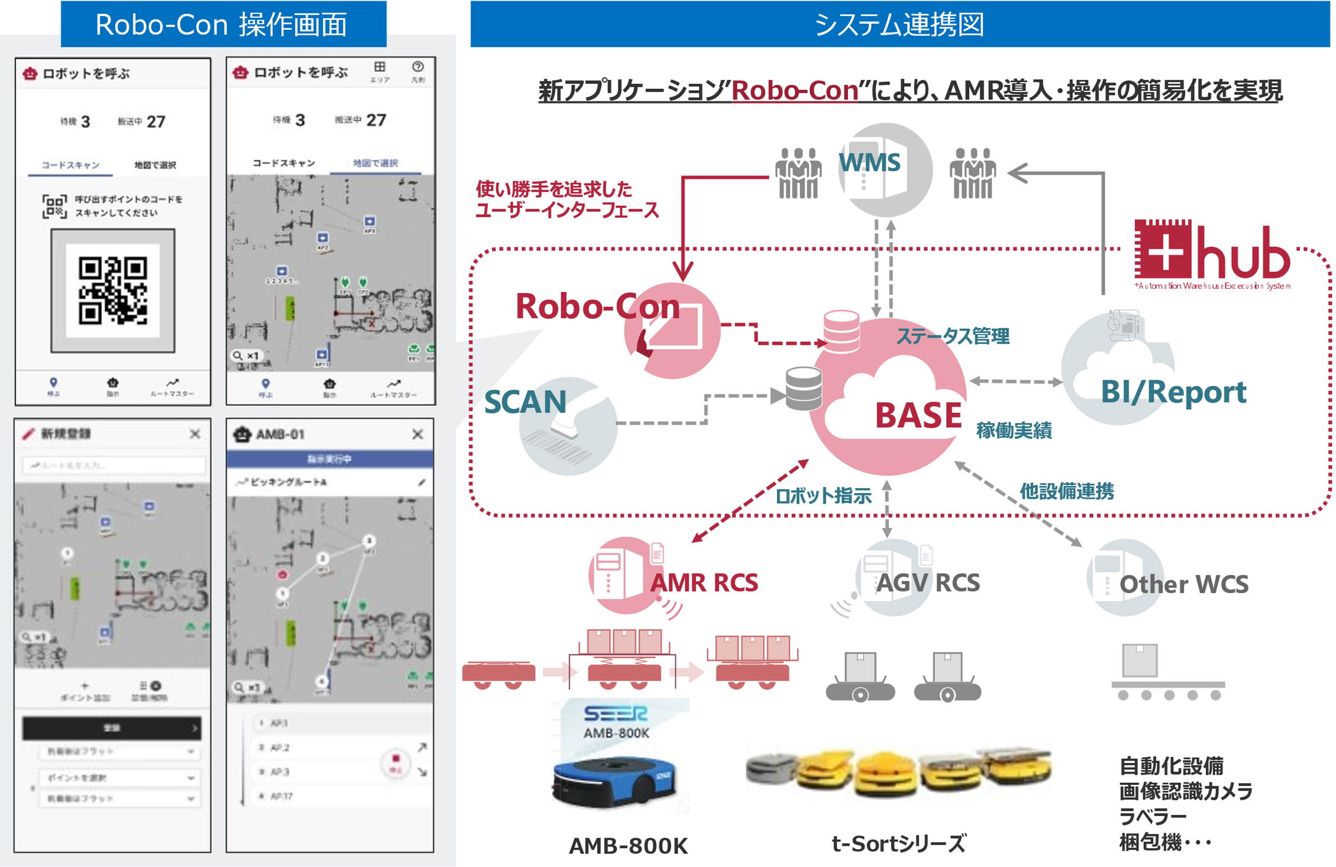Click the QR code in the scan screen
(x=113, y=290)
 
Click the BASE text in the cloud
(x=918, y=415)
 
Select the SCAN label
(x=525, y=402)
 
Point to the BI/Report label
(x=1173, y=392)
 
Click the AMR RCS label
(x=704, y=583)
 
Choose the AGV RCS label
(x=928, y=583)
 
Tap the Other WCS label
(x=1184, y=584)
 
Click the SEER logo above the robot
(x=616, y=713)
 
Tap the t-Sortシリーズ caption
(x=898, y=843)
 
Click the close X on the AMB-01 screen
(x=418, y=434)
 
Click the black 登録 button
(x=111, y=728)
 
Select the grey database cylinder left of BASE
(x=804, y=389)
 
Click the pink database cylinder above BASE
(x=841, y=330)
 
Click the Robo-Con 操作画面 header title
(x=222, y=25)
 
